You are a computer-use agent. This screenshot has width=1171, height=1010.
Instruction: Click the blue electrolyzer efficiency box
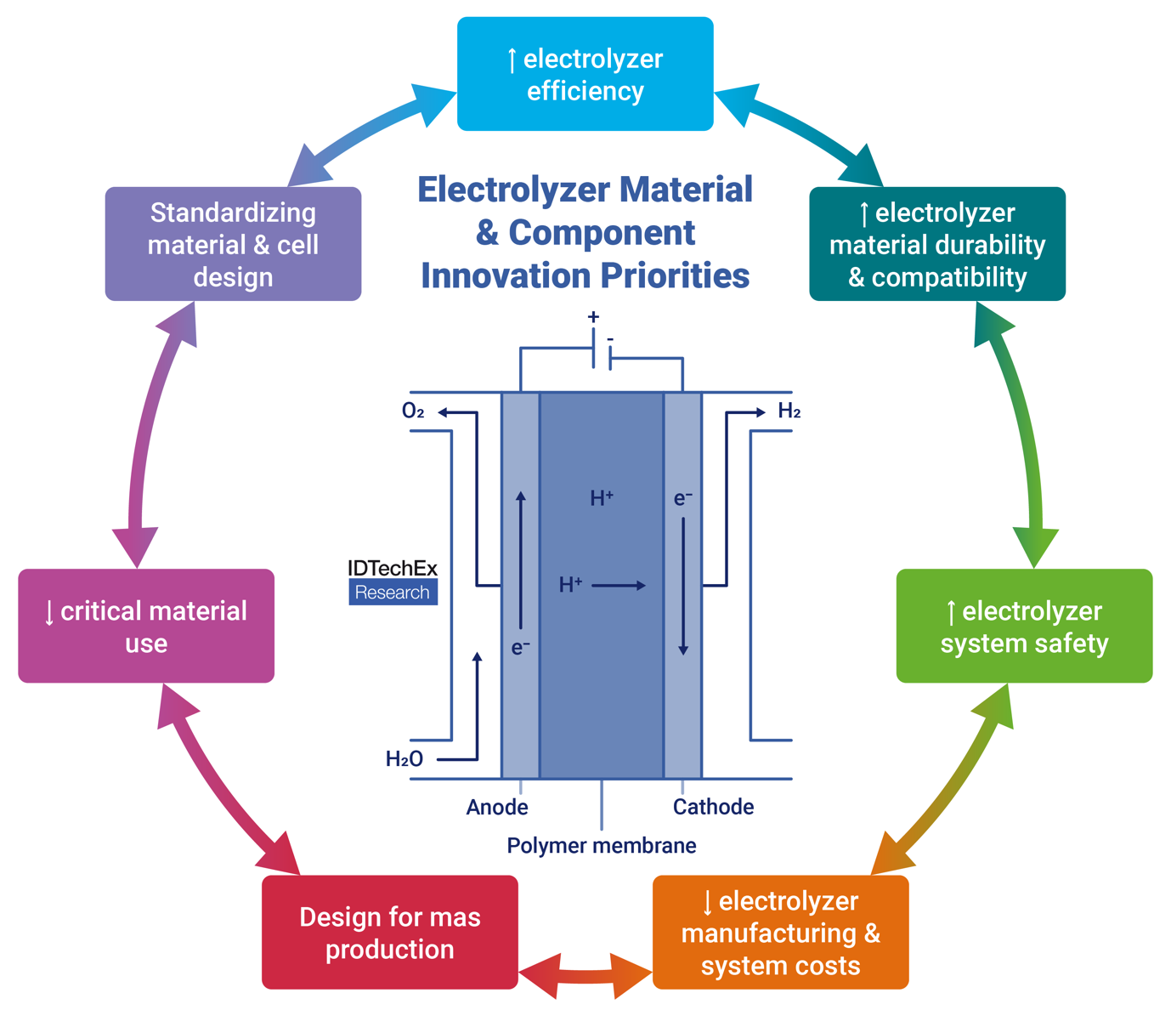585,75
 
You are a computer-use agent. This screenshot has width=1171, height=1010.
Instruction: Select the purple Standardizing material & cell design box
233,244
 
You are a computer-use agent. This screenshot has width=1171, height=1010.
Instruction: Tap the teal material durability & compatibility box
936,244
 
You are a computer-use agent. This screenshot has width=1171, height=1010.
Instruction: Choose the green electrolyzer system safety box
1024,627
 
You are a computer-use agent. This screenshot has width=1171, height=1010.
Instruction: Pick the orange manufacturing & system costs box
780,933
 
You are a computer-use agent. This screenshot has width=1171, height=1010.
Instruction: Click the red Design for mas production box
389,933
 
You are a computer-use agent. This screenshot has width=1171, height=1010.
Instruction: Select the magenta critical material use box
146,627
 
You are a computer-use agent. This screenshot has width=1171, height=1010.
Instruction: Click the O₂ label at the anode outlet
413,411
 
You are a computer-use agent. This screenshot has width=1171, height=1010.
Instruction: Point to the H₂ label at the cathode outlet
789,411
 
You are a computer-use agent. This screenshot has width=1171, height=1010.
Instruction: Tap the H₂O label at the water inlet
404,759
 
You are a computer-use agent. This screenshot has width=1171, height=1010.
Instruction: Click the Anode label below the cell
497,807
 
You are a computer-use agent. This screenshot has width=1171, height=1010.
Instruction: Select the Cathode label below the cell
713,807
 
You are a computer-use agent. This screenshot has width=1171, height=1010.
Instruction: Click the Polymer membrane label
601,846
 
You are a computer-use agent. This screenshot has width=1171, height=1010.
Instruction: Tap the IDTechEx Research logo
393,582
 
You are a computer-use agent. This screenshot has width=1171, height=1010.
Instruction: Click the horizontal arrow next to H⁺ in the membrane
619,585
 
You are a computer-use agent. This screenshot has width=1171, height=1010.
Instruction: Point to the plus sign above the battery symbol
593,317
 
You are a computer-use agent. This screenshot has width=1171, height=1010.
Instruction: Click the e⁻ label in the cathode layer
683,499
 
